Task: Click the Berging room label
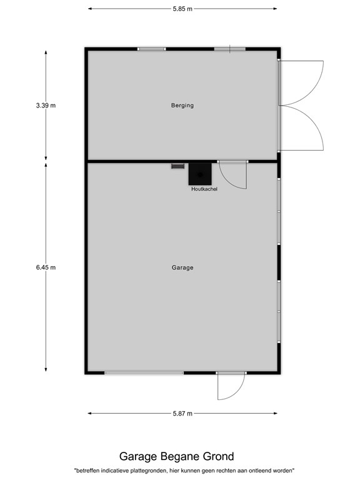point(182,106)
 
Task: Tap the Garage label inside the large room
point(182,267)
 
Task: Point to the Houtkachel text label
point(204,189)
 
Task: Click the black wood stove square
point(200,173)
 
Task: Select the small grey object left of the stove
point(178,166)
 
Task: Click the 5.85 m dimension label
point(182,9)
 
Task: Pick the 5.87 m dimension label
point(182,413)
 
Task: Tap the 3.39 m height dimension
point(46,106)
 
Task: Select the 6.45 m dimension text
point(46,267)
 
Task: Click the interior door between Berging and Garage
point(234,175)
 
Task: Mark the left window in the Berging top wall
point(152,49)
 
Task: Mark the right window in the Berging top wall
point(229,49)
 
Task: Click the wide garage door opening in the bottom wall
point(144,373)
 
